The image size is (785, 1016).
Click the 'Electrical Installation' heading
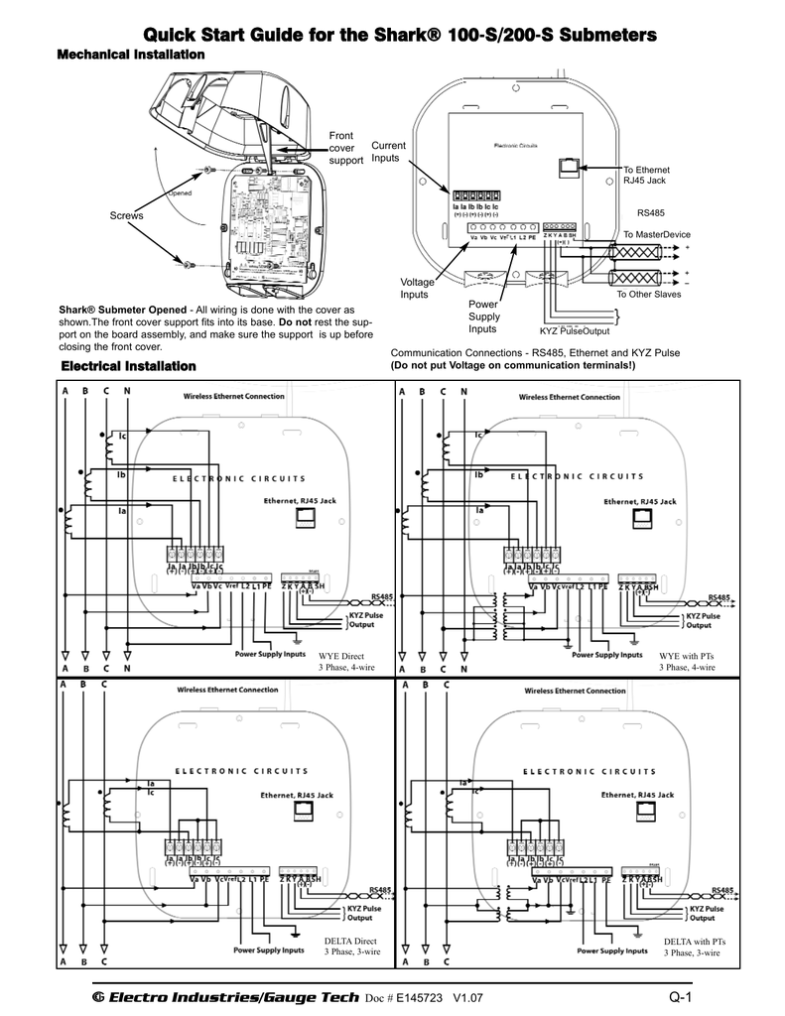(129, 367)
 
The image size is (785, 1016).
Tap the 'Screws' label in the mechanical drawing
(127, 215)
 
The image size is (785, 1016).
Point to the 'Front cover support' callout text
(345, 148)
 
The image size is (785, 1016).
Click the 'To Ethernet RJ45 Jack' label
(644, 176)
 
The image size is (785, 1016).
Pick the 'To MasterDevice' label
(656, 234)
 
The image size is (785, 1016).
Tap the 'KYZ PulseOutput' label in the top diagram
(575, 331)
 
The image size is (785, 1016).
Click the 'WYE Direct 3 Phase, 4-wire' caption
(346, 662)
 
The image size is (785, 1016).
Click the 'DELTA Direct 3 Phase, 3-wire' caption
(352, 946)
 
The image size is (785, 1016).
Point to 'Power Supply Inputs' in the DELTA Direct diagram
(269, 950)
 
